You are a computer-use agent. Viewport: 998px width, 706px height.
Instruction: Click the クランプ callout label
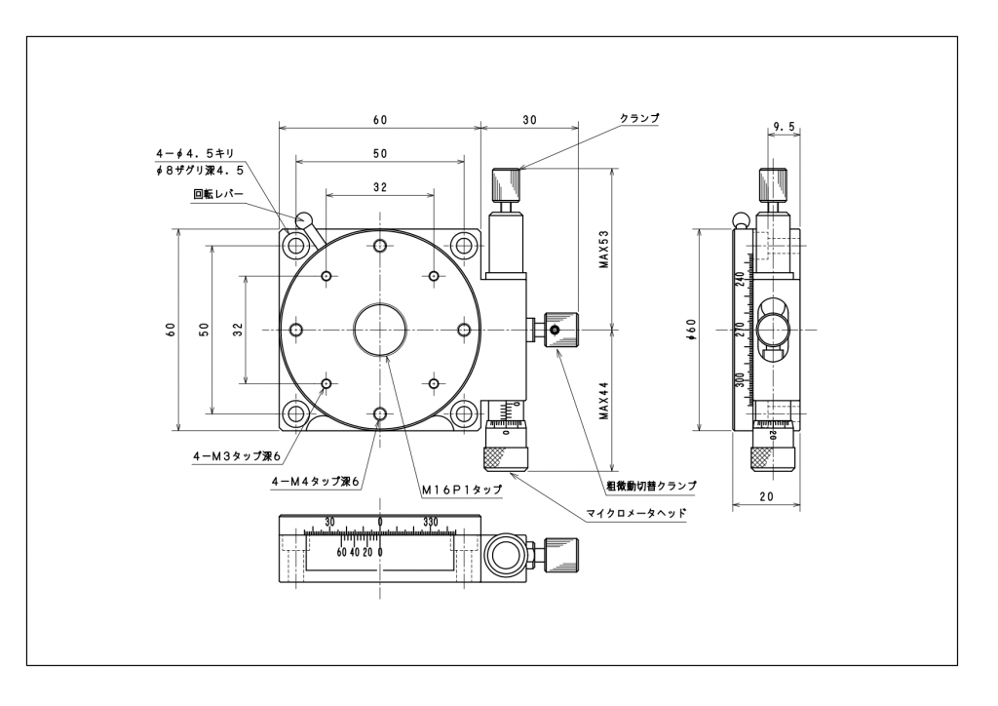[639, 118]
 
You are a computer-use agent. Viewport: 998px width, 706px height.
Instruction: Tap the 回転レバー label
[218, 194]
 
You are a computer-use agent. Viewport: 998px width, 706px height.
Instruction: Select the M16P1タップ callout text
[462, 490]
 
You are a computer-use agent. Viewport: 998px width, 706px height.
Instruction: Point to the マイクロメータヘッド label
[636, 513]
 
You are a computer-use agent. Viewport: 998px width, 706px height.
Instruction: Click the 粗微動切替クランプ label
[651, 486]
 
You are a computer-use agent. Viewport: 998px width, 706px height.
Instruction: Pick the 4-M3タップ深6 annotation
[237, 456]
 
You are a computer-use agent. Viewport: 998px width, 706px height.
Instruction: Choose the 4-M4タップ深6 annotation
[317, 483]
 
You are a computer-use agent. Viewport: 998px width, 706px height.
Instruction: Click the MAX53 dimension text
[604, 249]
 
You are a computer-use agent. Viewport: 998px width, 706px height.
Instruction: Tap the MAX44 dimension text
[604, 401]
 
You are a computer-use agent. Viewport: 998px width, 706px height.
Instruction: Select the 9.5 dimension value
[784, 127]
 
